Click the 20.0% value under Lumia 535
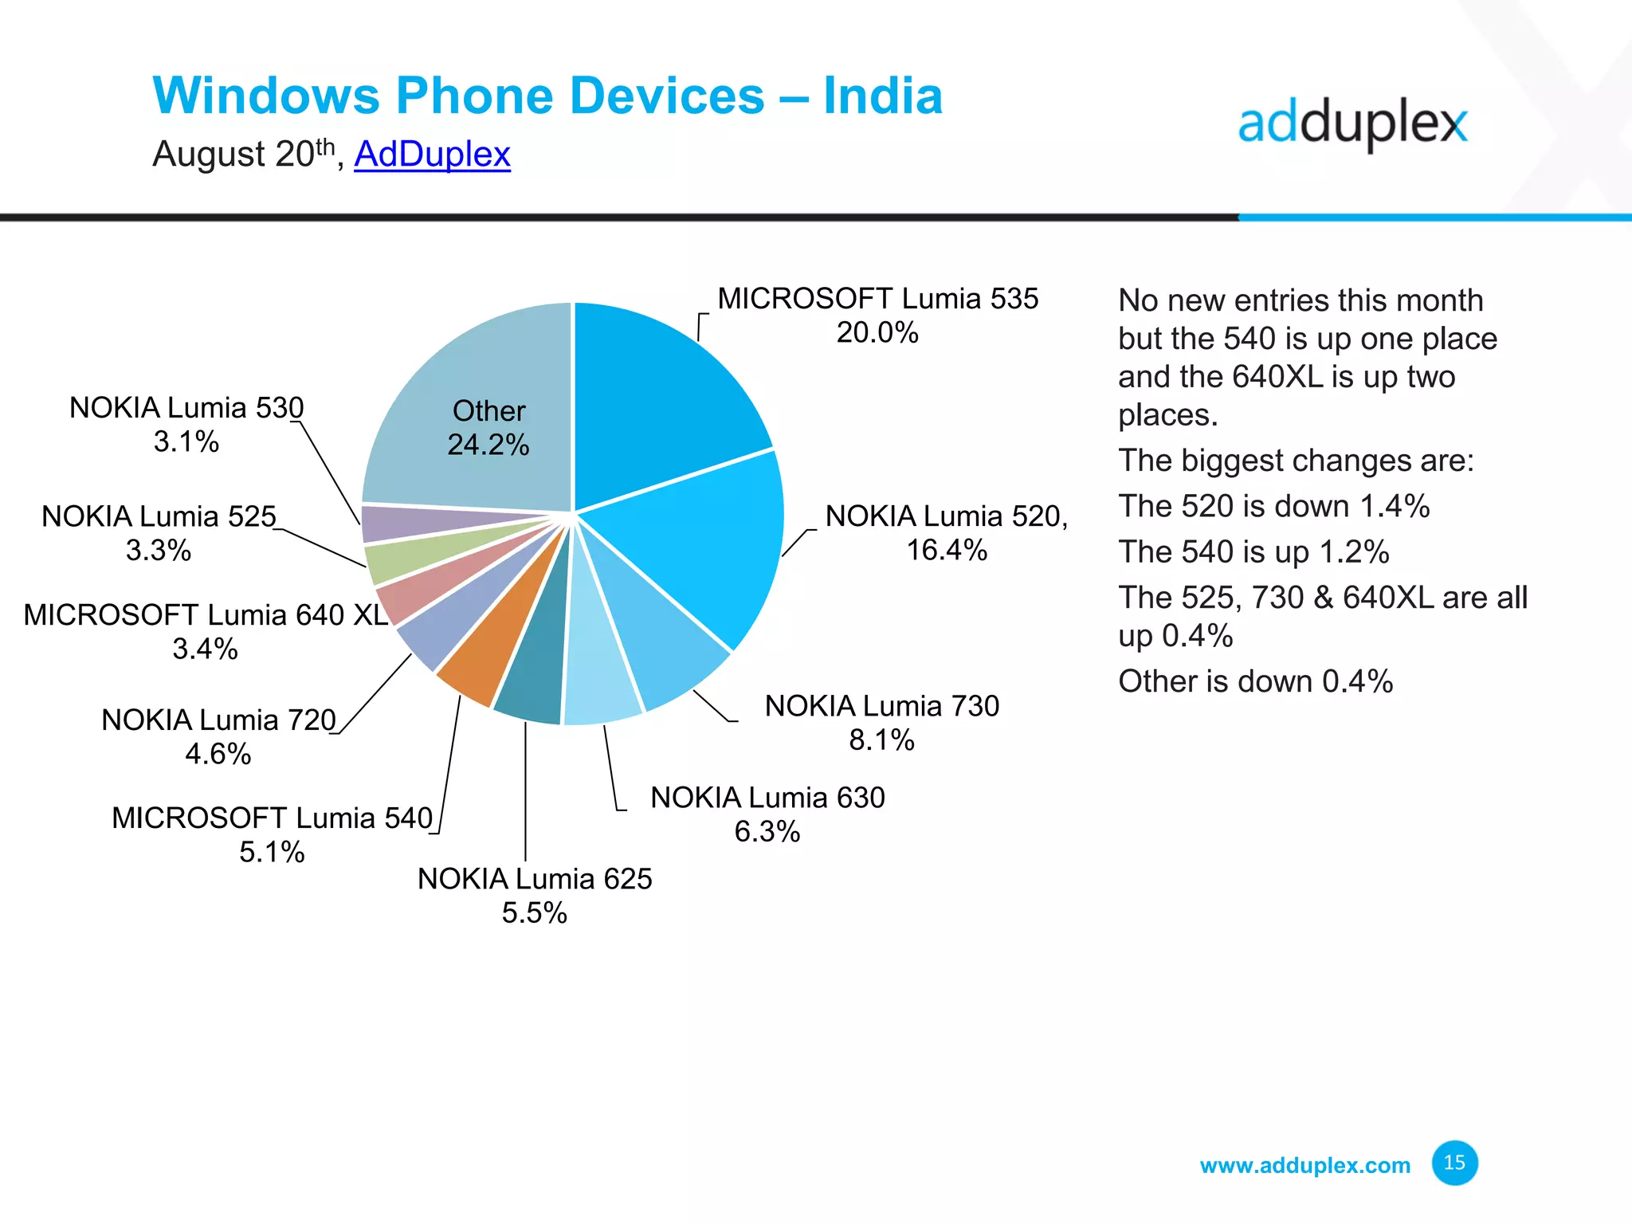877,333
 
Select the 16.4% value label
947,551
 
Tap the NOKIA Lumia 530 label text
186,408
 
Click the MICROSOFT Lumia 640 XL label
206,615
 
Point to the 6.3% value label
767,832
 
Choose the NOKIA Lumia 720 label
218,720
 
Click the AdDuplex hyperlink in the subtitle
432,154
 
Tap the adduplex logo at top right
1352,125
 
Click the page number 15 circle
1454,1163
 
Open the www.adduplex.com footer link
1304,1166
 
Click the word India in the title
882,96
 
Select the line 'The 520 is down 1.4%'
1273,507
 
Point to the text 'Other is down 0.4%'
1255,682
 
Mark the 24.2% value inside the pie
488,445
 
